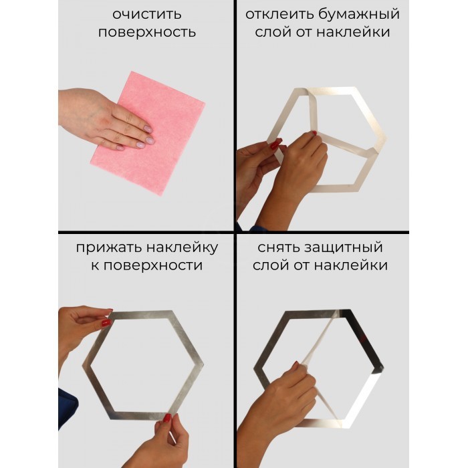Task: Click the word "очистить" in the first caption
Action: pos(147,14)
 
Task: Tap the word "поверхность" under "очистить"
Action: pos(147,32)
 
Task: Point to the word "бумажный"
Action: pos(358,14)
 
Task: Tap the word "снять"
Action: pos(279,248)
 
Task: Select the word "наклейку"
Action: pos(182,248)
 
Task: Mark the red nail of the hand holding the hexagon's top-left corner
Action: pos(106,323)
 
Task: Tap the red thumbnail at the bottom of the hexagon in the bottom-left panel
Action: pos(167,417)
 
